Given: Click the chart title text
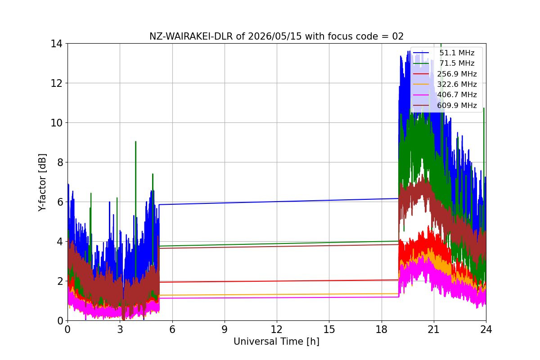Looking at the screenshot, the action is [x=276, y=36].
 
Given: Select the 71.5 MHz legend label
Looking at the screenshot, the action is [x=457, y=63].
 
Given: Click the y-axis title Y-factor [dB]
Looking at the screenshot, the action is [x=42, y=182].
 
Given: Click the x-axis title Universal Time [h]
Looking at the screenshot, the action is [x=276, y=342].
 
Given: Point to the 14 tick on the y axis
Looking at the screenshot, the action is [x=56, y=44].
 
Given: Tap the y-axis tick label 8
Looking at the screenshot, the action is [x=60, y=162].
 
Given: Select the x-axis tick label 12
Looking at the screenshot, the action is [x=276, y=329].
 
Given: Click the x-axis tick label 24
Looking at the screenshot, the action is [x=486, y=329].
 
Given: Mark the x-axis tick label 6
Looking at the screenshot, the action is [x=172, y=329].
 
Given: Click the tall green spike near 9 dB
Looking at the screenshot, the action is [x=136, y=169].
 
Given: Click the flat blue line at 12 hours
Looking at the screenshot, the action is [x=277, y=202].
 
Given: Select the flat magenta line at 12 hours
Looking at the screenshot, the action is [x=277, y=298].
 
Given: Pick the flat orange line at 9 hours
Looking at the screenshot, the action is [x=225, y=295].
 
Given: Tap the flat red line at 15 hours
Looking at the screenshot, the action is [x=329, y=280].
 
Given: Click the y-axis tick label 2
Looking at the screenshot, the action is [x=60, y=281].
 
